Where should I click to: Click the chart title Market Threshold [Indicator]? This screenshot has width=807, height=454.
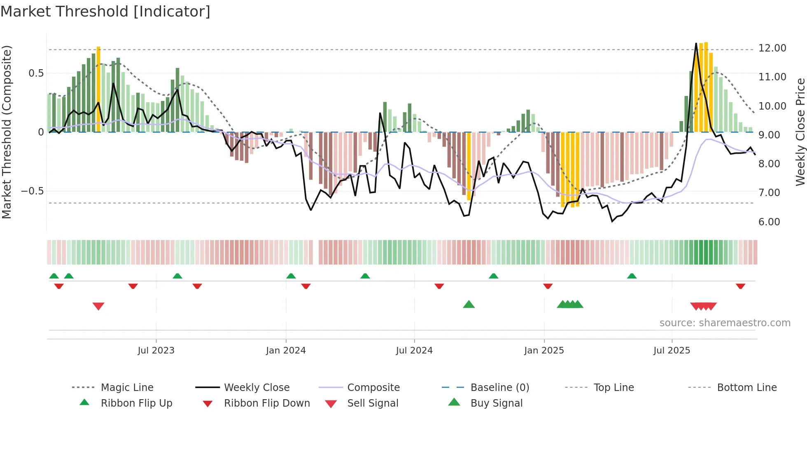[105, 12]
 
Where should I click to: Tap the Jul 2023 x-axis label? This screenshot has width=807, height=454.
[156, 351]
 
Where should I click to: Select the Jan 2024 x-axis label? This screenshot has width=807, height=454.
[286, 351]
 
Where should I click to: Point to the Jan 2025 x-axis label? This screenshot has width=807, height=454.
[544, 351]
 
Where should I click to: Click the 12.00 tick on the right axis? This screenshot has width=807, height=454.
[772, 48]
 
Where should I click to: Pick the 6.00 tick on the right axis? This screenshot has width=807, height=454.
[769, 222]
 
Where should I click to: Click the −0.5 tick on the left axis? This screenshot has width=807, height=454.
[32, 191]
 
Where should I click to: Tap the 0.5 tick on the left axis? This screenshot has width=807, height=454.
[36, 73]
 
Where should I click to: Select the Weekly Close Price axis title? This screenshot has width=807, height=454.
[800, 132]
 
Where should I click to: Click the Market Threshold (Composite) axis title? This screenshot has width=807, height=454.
[7, 132]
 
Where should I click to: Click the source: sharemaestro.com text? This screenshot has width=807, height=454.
[725, 323]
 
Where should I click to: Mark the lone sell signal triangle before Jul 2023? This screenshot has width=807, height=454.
[98, 306]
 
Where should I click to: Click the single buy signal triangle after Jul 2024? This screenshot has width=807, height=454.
[469, 304]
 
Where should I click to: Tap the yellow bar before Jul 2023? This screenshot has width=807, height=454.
[98, 89]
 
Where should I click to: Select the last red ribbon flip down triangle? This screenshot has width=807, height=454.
[740, 286]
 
